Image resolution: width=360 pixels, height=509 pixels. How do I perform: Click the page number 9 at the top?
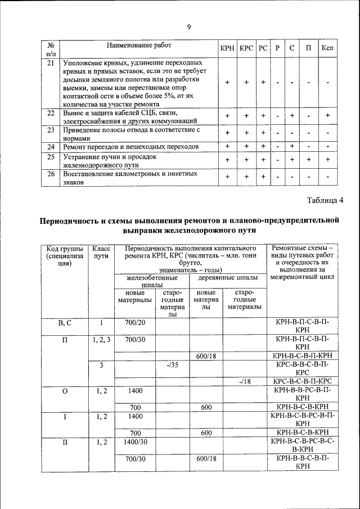pyautogui.click(x=189, y=26)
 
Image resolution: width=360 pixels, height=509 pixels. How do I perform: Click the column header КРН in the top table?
pyautogui.click(x=227, y=49)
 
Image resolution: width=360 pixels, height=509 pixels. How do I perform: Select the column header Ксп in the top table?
pyautogui.click(x=327, y=49)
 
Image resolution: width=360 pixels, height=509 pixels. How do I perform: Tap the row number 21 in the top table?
pyautogui.click(x=51, y=63)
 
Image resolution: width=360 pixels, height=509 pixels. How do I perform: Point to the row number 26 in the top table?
pyautogui.click(x=51, y=174)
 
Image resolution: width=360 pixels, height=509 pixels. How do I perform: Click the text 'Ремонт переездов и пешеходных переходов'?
pyautogui.click(x=131, y=147)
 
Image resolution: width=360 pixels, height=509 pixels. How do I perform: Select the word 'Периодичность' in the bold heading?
pyautogui.click(x=75, y=220)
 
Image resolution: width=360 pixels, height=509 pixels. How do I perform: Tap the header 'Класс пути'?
pyautogui.click(x=101, y=253)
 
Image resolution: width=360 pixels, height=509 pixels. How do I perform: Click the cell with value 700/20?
pyautogui.click(x=135, y=322)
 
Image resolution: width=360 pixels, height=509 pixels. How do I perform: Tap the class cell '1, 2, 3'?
pyautogui.click(x=101, y=339)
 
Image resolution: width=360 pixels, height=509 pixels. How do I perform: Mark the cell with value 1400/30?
pyautogui.click(x=135, y=443)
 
